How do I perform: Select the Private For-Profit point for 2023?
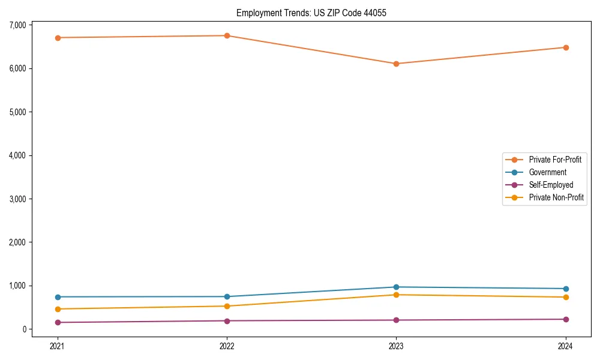coord(397,64)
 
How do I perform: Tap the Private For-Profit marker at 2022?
coord(227,35)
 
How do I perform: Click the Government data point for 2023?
coord(397,287)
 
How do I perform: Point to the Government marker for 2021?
coord(57,297)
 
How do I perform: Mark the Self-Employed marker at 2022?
coord(227,321)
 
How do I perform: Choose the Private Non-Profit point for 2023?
coord(397,295)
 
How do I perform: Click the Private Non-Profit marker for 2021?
coord(57,309)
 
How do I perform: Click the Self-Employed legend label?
coord(551,185)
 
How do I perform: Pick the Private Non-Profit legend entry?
coord(556,197)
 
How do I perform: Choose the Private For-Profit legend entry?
coord(555,160)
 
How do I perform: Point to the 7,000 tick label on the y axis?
coord(17,25)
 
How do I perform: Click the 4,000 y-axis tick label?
coord(17,155)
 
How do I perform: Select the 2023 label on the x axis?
coord(397,346)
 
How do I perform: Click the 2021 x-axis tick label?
coord(57,346)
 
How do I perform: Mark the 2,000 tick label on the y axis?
coord(17,242)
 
